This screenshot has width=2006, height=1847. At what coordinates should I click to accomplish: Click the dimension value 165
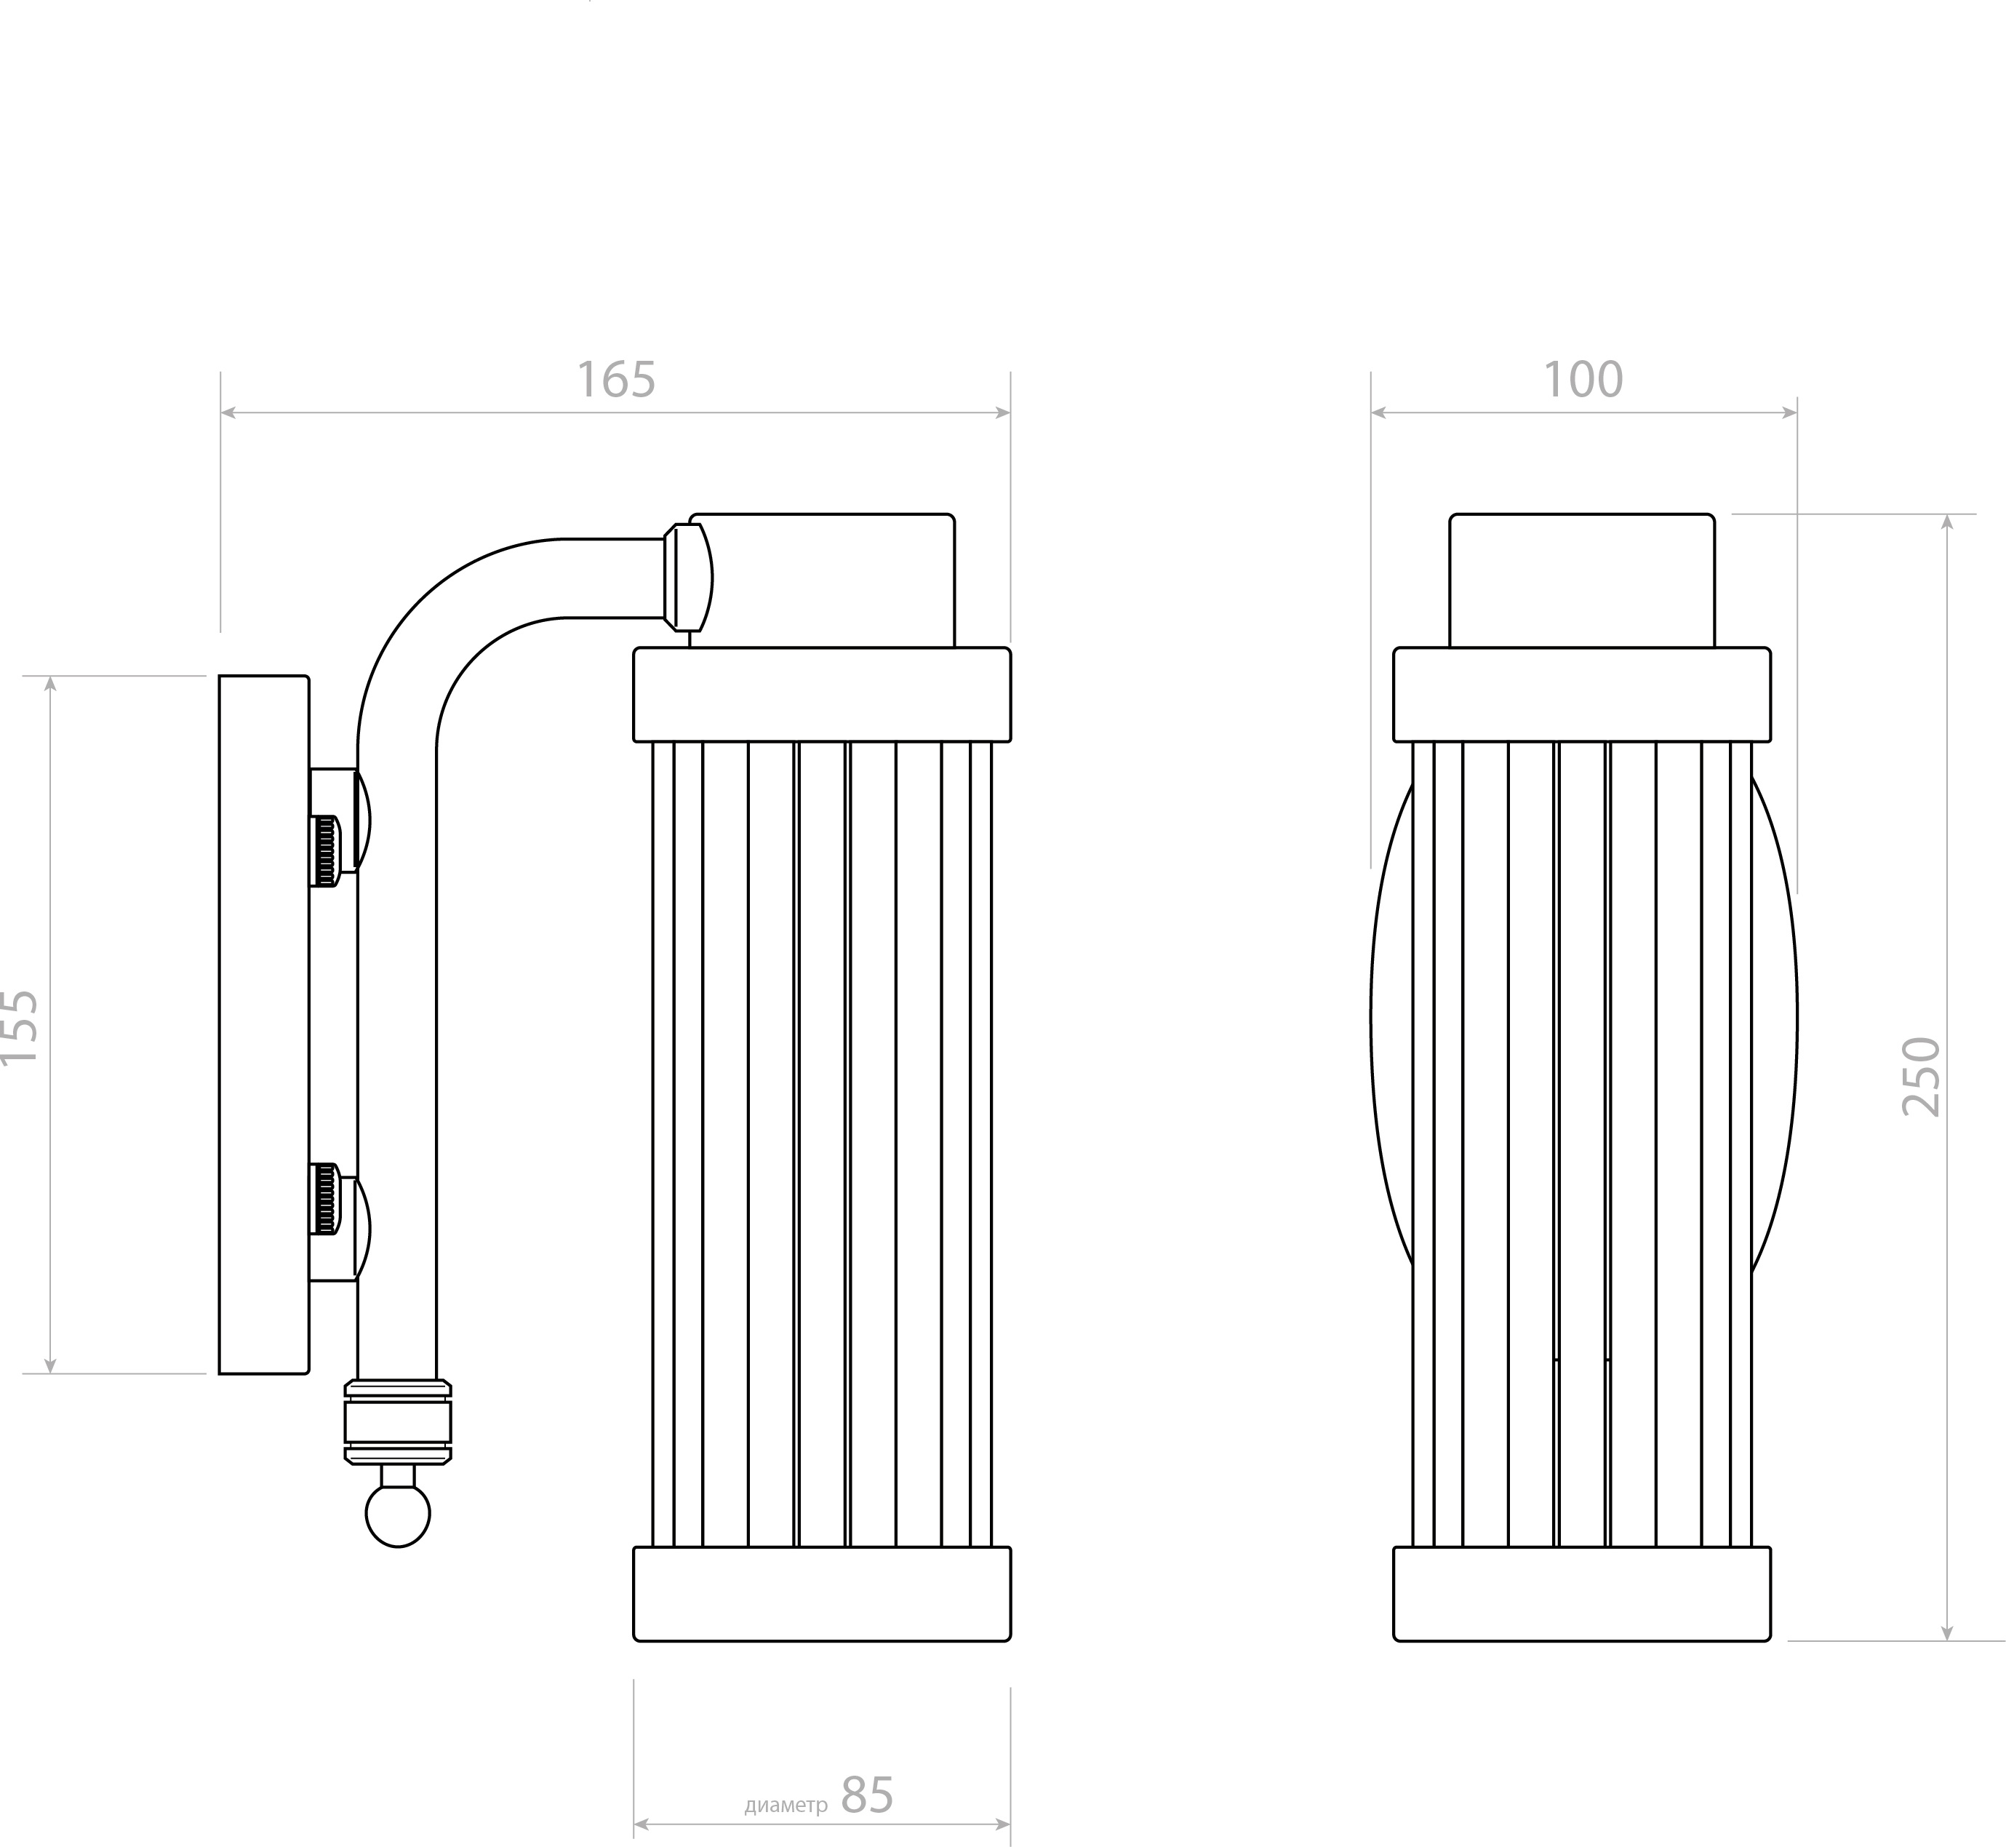click(x=616, y=380)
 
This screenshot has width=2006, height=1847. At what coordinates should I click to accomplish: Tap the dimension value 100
click(x=1583, y=380)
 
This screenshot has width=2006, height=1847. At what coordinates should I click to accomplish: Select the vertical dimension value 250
click(x=1921, y=1077)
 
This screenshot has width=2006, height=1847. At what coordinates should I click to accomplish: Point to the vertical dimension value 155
click(x=18, y=1026)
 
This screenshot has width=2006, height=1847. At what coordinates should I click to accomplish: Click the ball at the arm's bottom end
click(x=398, y=1514)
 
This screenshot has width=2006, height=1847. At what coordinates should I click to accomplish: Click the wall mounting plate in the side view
click(x=264, y=1024)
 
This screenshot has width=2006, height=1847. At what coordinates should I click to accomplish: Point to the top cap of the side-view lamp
click(x=822, y=581)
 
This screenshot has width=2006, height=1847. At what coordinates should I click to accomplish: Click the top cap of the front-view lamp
click(x=1582, y=581)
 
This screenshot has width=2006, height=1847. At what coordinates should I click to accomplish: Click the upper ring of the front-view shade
click(x=1582, y=695)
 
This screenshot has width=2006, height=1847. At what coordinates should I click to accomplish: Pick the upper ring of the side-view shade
click(x=822, y=695)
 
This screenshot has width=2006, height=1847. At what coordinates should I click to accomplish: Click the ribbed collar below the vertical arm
click(x=398, y=1421)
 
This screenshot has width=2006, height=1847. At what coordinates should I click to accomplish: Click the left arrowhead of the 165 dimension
click(x=228, y=412)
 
